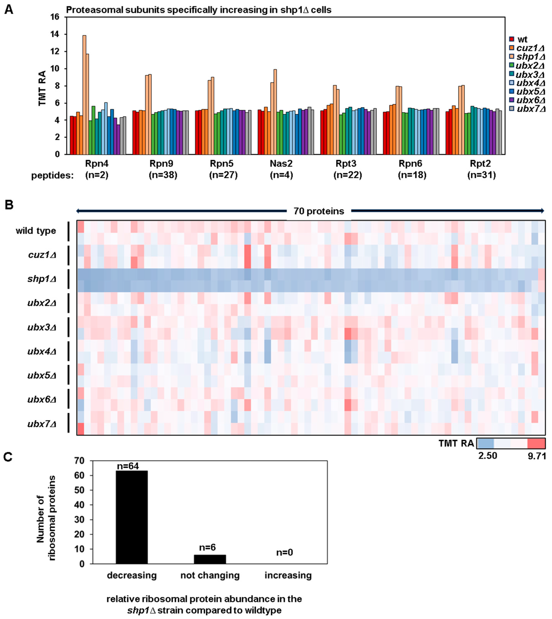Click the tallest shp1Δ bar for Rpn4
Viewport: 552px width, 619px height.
(84, 95)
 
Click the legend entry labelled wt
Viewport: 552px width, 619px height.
(522, 39)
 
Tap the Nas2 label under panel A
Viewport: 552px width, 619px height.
(281, 164)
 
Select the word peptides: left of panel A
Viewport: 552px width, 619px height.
(52, 176)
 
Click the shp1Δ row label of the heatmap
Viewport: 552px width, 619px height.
(42, 279)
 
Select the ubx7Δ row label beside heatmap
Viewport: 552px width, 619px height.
(42, 424)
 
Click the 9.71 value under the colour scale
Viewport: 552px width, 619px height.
(536, 456)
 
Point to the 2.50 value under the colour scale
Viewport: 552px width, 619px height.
(488, 456)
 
